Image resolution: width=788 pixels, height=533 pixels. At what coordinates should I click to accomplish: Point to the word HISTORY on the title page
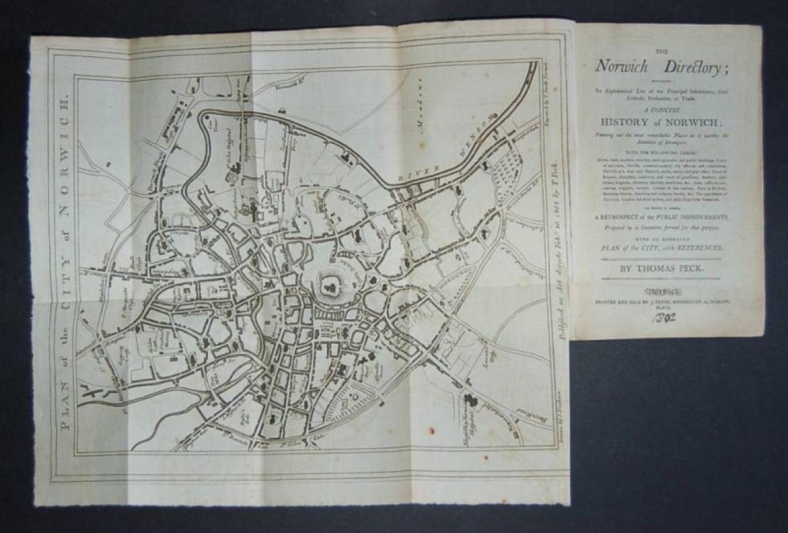(x=629, y=122)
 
